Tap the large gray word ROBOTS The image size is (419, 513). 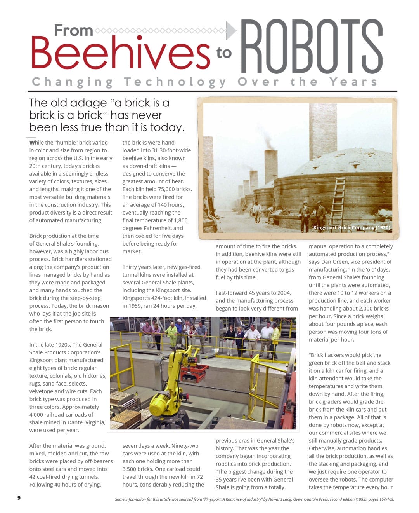click(x=312, y=47)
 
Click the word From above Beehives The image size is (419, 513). click(x=73, y=30)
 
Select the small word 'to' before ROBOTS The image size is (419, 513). click(x=224, y=52)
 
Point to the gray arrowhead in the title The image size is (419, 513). click(x=231, y=30)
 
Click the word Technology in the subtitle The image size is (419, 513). click(x=175, y=82)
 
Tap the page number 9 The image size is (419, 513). click(x=19, y=498)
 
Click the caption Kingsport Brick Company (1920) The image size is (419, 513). click(x=351, y=227)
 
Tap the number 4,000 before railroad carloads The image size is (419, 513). click(x=37, y=415)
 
